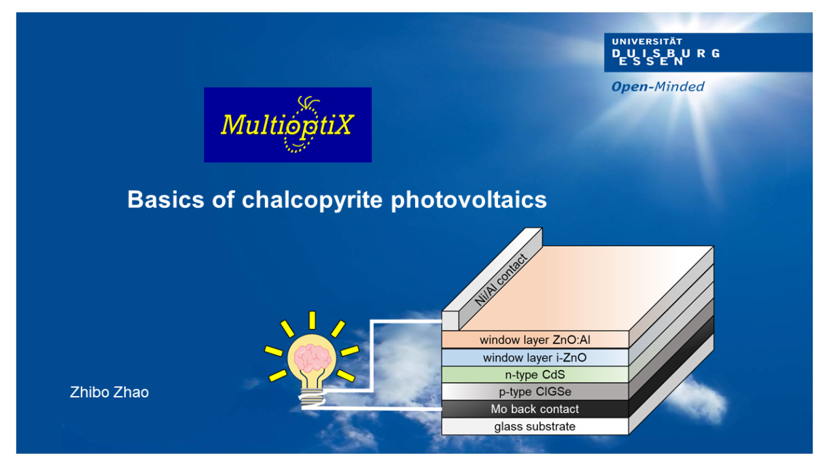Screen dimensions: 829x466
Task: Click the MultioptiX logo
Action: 287,124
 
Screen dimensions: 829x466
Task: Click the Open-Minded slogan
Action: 658,87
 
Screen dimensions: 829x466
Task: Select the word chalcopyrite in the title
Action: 313,200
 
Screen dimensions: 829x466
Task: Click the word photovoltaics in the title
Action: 469,200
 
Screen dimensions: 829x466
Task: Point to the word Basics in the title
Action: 166,200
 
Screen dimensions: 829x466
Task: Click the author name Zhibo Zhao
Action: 109,392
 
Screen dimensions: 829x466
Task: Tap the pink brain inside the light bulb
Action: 312,357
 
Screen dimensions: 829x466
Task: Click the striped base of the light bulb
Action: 312,397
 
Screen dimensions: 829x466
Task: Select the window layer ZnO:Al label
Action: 535,340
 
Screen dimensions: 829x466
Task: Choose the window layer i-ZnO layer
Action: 535,357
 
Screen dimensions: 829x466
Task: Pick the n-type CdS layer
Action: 535,375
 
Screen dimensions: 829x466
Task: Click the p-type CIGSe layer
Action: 535,392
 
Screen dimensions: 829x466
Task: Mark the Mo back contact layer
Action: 535,409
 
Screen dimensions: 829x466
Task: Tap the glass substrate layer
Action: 535,427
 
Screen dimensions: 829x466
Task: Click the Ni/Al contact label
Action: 501,280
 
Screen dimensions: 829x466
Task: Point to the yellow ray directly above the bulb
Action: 313,320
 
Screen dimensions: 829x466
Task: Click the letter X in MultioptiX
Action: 342,124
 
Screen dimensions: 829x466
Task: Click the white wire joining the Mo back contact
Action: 372,408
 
